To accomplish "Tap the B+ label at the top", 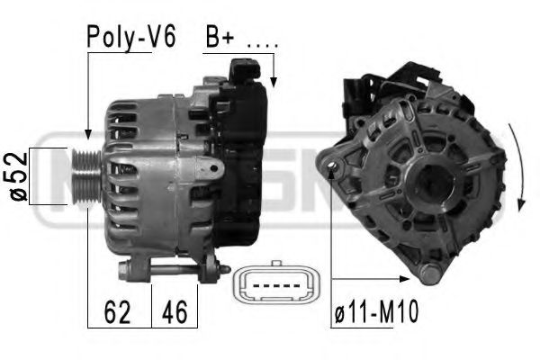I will click(220, 38).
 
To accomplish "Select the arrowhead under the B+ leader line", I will click(274, 83).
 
